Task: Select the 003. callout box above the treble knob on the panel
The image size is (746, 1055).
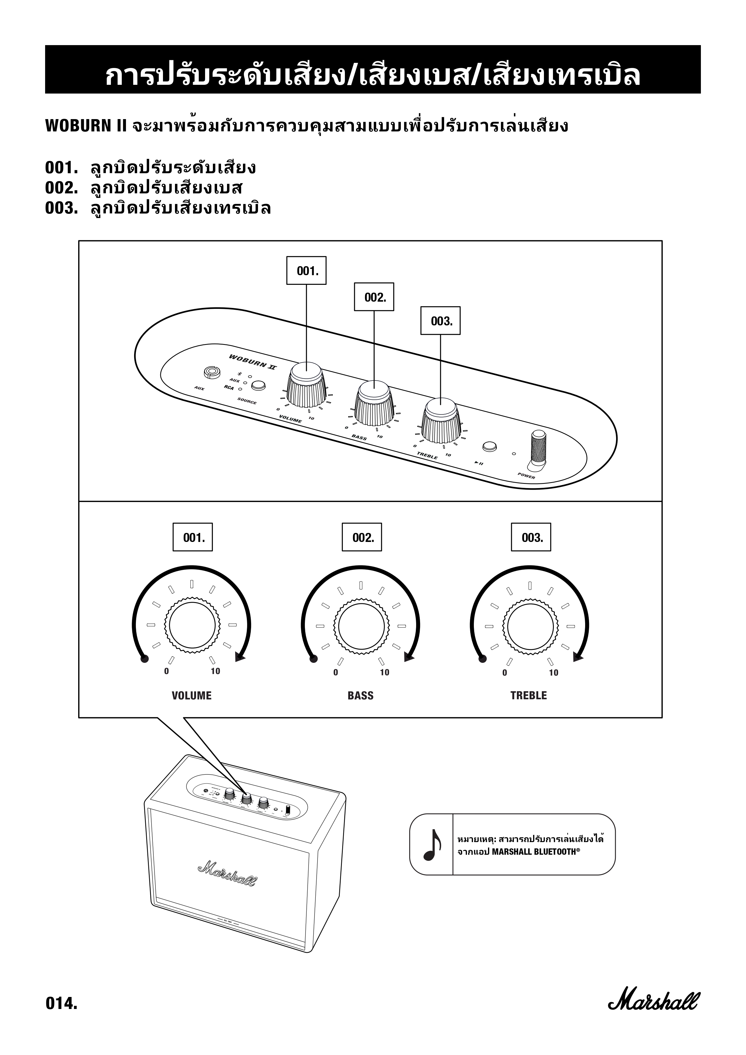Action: [441, 321]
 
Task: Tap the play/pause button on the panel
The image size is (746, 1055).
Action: [489, 446]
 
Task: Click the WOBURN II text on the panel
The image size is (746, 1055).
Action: [253, 361]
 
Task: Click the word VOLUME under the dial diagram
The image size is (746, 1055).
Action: [192, 696]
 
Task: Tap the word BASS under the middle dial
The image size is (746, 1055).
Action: [361, 696]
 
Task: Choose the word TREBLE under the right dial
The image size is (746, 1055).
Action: [529, 696]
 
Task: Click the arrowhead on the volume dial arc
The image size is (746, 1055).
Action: [240, 658]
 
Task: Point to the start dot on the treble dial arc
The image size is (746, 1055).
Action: [482, 659]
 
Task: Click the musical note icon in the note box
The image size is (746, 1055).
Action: [431, 844]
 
